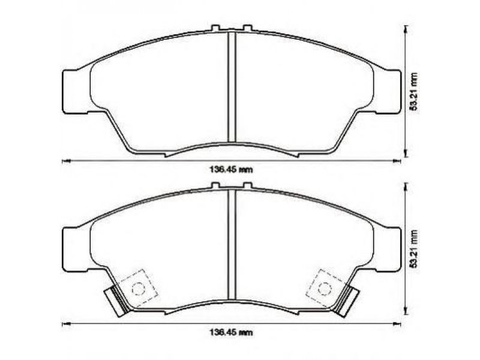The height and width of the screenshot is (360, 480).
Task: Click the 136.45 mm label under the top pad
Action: click(231, 169)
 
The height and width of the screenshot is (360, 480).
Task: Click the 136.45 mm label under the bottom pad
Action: click(231, 332)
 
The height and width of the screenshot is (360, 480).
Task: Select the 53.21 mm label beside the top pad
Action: click(414, 91)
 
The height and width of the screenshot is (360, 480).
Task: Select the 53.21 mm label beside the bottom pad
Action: click(414, 248)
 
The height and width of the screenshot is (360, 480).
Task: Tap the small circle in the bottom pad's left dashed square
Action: click(138, 288)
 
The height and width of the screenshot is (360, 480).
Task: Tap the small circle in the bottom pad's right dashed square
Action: click(325, 288)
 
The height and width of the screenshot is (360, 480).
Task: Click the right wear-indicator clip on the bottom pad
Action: click(347, 301)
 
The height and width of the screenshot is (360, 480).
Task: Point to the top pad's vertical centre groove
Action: click(232, 86)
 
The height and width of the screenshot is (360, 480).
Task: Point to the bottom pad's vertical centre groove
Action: click(232, 244)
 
